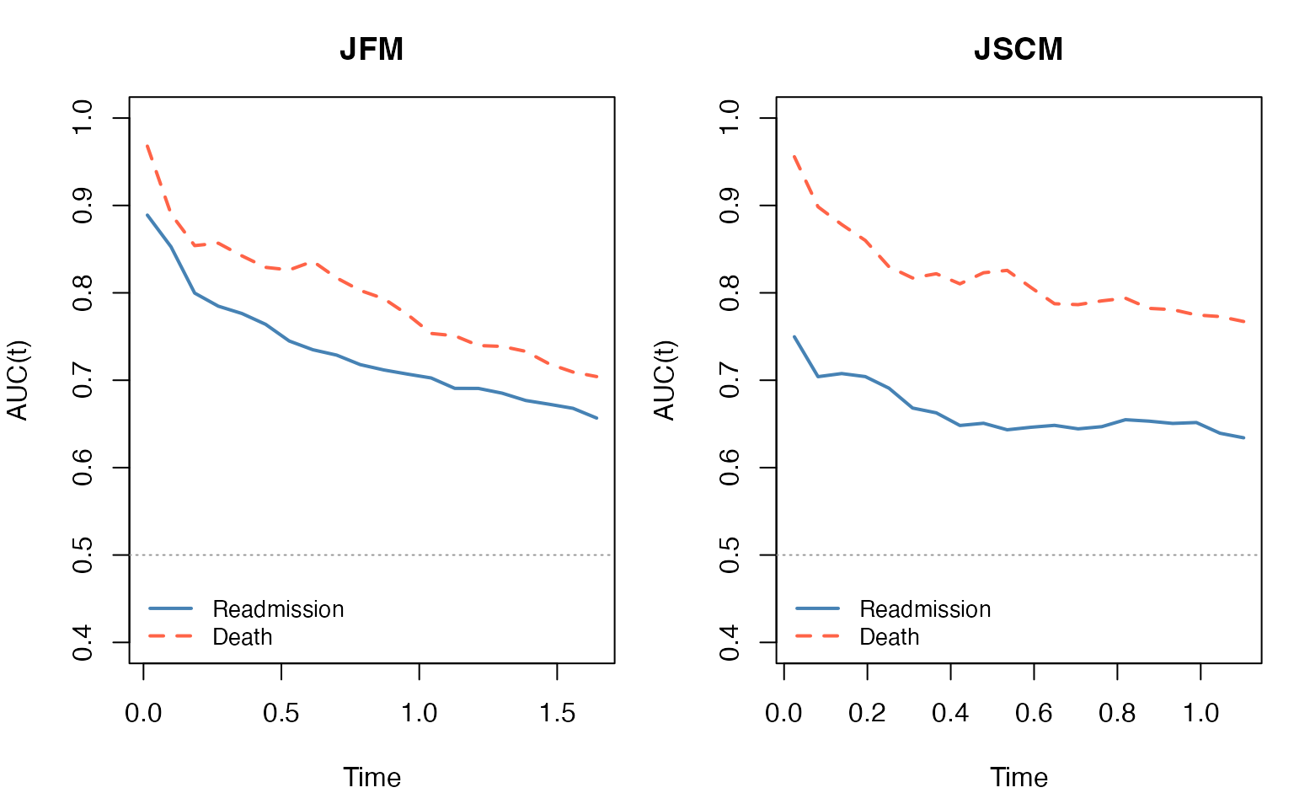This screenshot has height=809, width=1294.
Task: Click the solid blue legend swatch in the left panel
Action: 170,608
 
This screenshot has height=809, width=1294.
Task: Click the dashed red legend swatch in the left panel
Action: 170,635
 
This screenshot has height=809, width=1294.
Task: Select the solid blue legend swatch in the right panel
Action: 817,608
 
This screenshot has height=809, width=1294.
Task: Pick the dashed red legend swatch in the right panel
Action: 817,635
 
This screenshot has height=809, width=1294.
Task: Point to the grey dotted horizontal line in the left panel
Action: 371,555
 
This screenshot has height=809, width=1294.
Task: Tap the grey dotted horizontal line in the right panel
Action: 1018,555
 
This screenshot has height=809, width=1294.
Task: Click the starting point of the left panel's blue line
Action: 147,215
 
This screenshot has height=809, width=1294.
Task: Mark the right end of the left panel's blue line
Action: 597,418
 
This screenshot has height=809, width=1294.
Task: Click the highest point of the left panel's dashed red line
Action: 147,145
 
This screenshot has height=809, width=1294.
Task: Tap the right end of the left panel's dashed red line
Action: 597,377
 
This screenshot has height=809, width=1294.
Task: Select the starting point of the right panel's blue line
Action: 794,336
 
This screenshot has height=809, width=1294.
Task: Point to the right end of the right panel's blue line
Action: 1244,437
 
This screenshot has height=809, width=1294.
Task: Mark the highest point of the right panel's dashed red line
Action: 794,156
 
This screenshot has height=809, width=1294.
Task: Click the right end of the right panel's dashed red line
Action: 1244,321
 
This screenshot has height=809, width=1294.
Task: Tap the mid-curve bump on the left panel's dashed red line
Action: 314,262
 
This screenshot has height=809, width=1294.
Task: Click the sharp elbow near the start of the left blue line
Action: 195,292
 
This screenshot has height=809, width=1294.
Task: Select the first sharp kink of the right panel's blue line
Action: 818,376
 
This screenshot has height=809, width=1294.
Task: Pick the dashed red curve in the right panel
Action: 1053,303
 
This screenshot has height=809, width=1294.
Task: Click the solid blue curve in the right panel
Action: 1053,426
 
